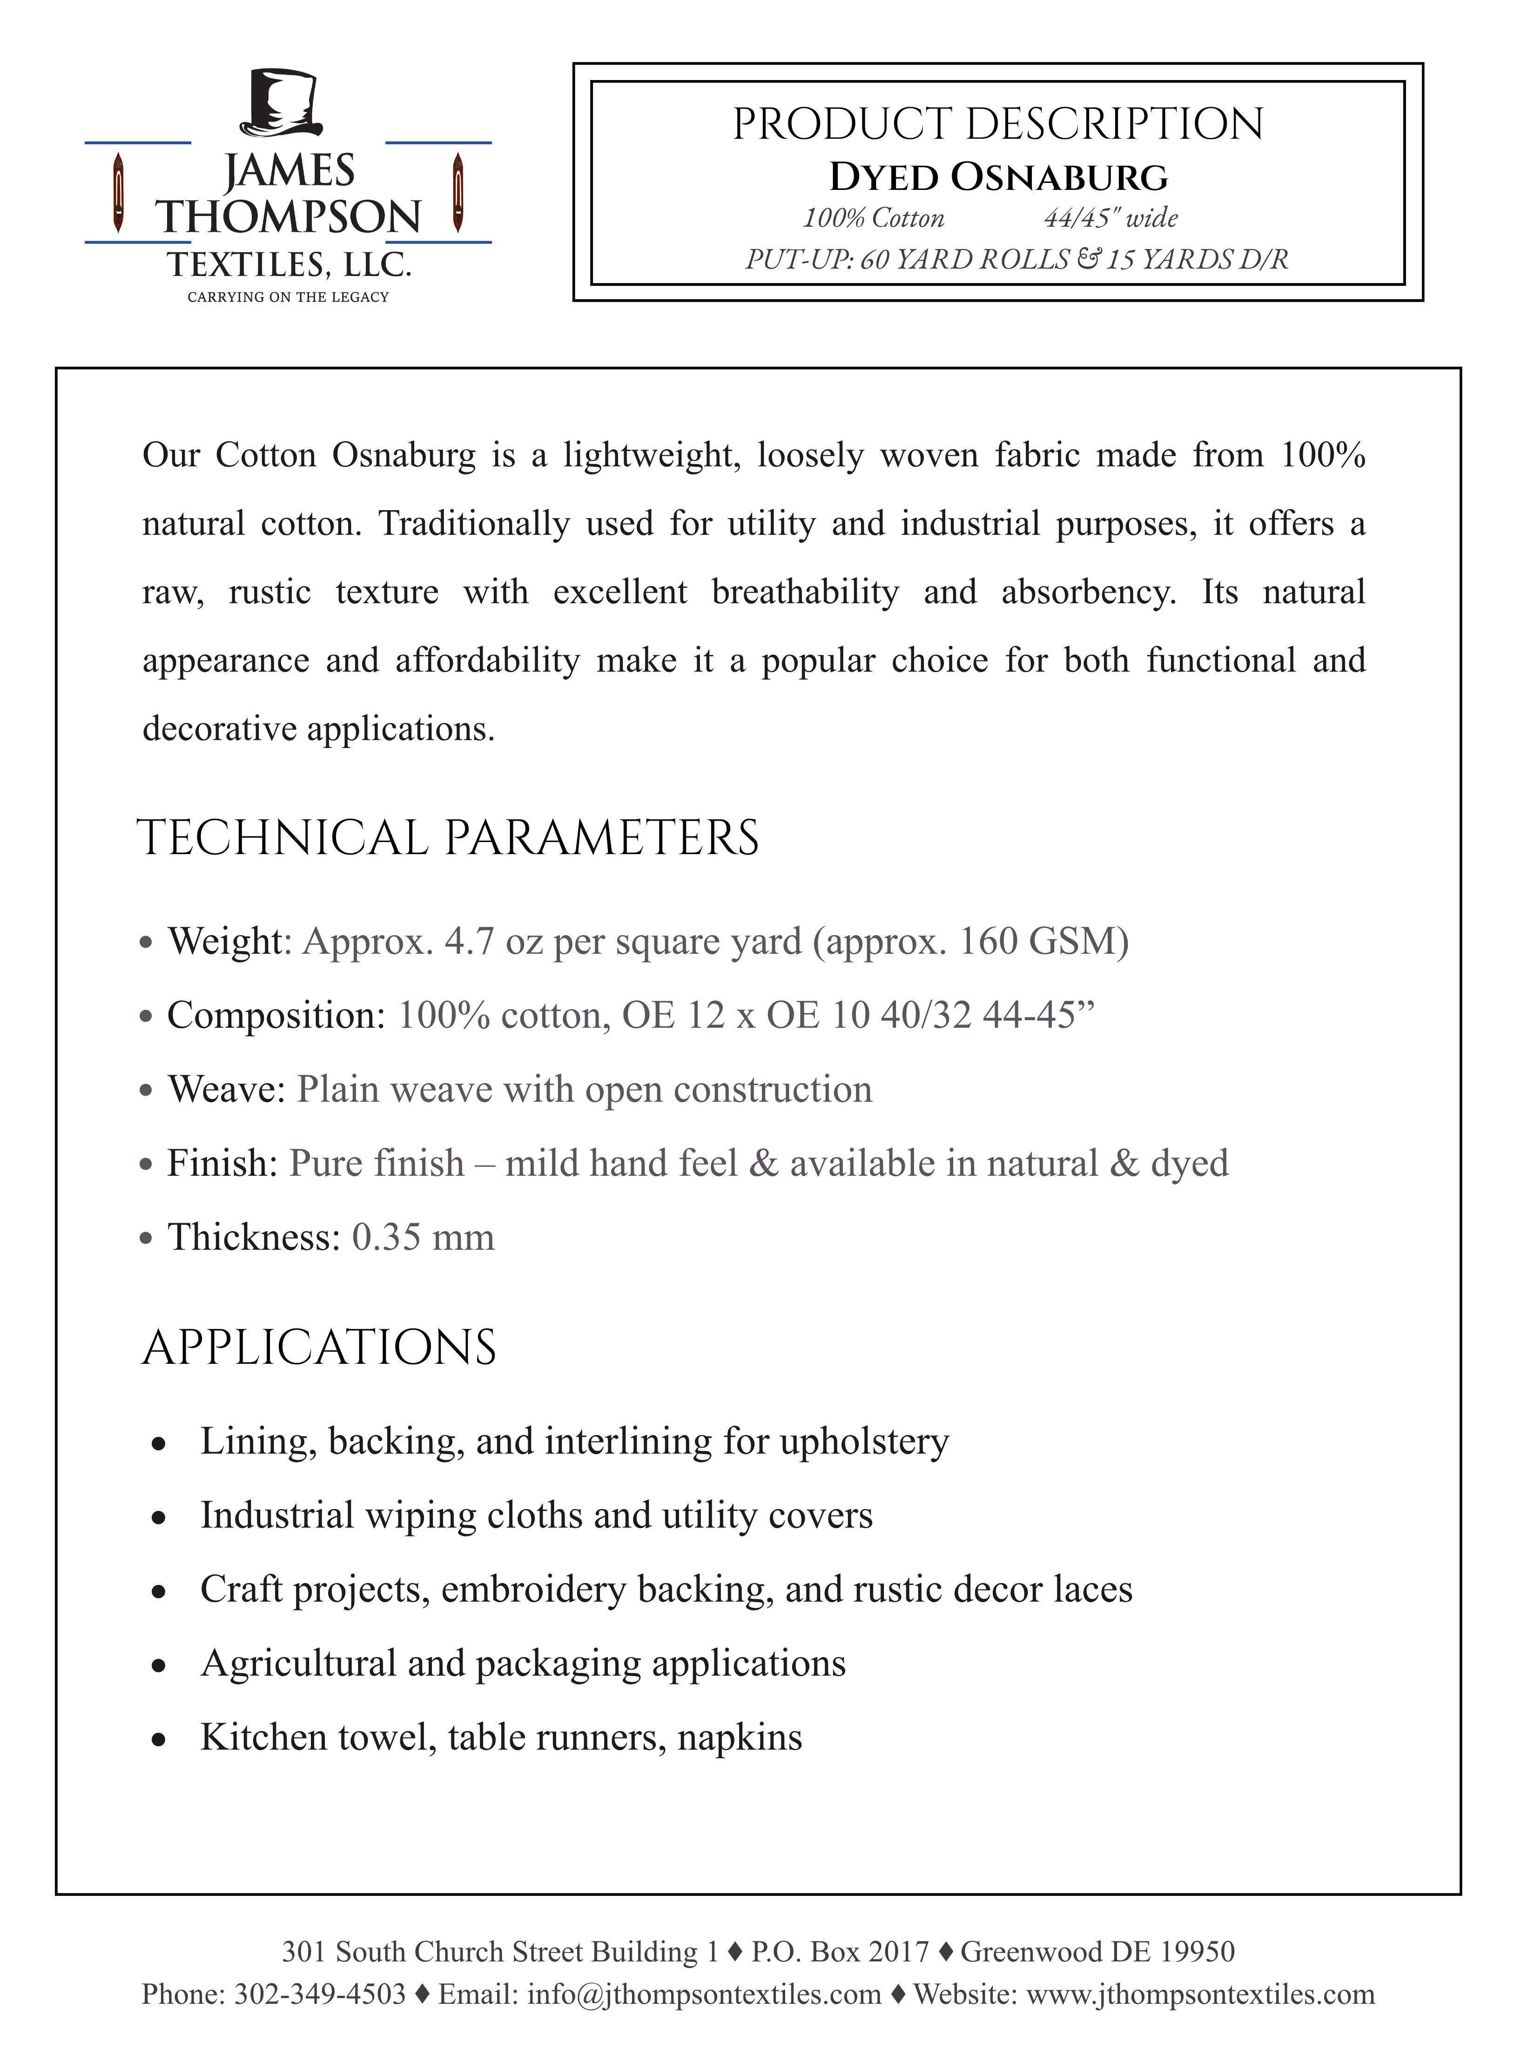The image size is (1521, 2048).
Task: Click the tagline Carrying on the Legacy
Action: click(288, 296)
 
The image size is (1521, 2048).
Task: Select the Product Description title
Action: click(998, 124)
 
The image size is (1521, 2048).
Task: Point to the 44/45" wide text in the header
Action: click(1110, 218)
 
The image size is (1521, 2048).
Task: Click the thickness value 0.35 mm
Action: click(423, 1237)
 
